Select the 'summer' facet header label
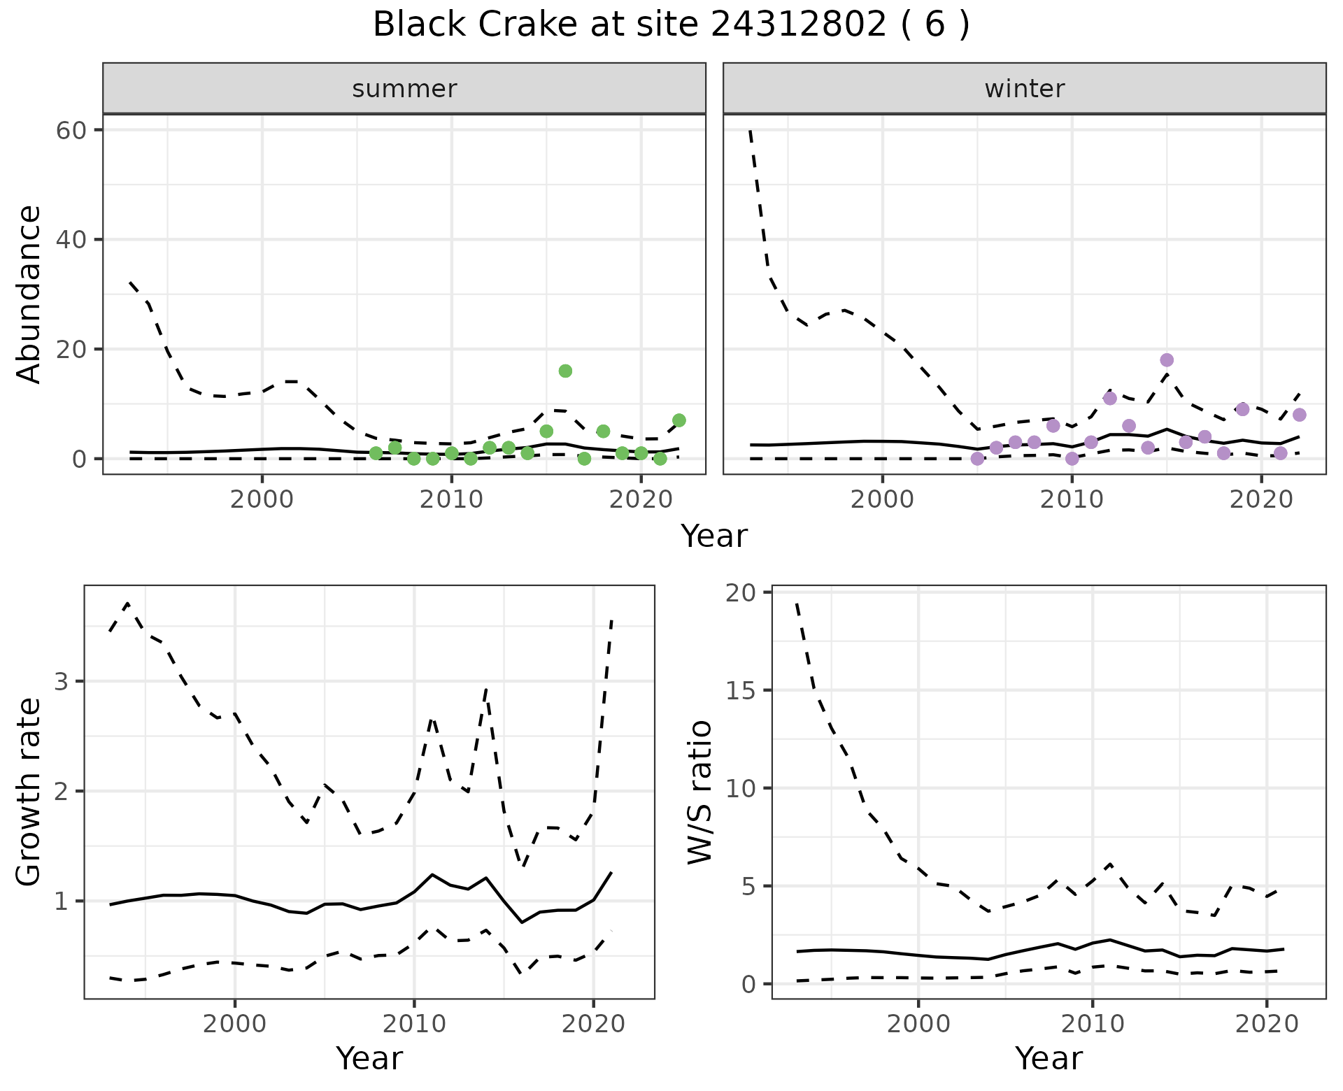tap(404, 89)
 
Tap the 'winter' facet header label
tap(1024, 89)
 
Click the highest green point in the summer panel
tap(565, 371)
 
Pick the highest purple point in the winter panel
tap(1167, 360)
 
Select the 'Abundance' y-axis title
tap(29, 294)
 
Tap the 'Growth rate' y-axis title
tap(29, 792)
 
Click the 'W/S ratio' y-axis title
tap(699, 792)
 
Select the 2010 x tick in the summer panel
tap(451, 501)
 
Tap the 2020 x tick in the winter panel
tap(1260, 501)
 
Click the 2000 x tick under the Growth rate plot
tap(234, 1025)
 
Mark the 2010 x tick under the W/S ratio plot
tap(1092, 1025)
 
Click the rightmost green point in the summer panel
tap(678, 420)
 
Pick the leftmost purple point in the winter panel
tap(977, 459)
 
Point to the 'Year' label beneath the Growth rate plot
tap(369, 1059)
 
